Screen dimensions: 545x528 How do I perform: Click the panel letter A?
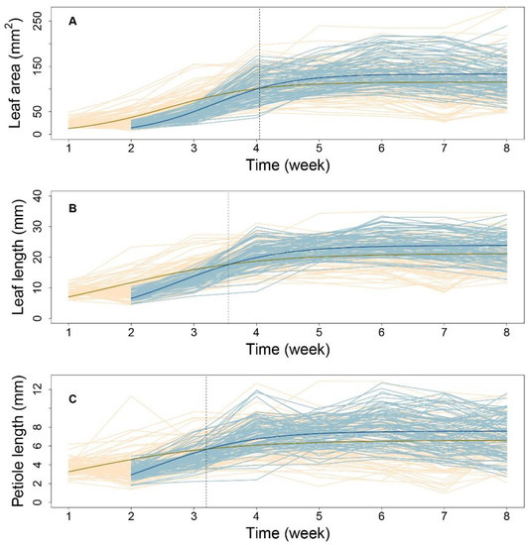73,20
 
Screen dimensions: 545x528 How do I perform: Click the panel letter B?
73,208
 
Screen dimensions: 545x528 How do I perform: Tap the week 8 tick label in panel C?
506,517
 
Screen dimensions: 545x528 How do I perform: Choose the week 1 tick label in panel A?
69,147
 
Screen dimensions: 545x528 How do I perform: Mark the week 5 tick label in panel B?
319,332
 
